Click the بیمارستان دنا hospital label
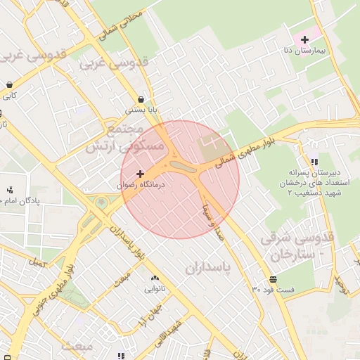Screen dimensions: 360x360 [304, 51]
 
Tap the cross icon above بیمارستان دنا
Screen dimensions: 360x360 [304, 39]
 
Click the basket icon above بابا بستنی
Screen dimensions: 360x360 [142, 99]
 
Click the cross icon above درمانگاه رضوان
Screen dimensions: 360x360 [141, 173]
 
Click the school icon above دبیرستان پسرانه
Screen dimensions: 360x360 [314, 162]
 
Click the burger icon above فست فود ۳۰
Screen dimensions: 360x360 [273, 279]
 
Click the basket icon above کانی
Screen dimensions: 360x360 [8, 84]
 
